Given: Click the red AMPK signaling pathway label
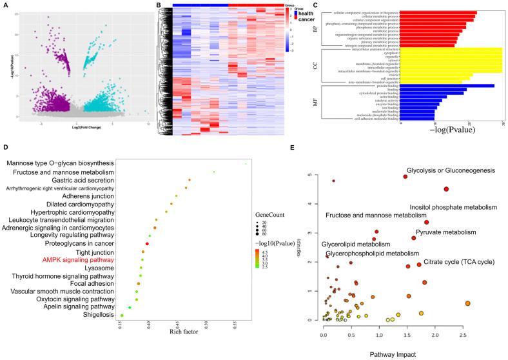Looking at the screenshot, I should click(x=79, y=261).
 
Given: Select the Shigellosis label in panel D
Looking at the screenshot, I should click(x=97, y=315).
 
